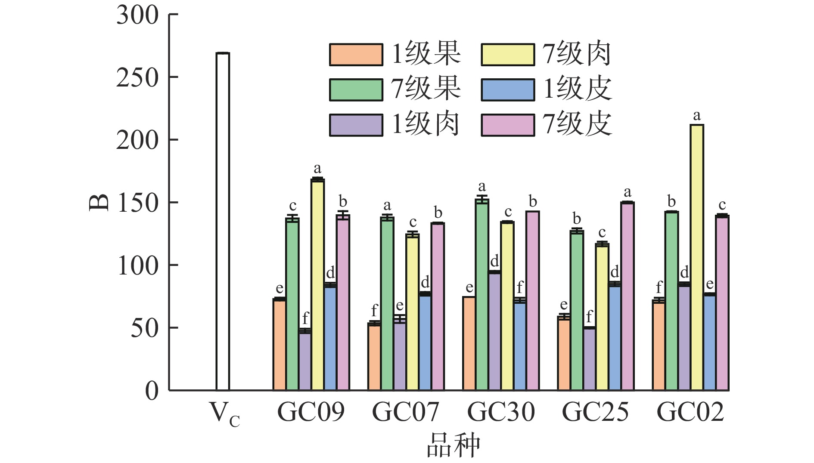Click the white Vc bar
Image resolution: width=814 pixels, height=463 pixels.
click(x=223, y=222)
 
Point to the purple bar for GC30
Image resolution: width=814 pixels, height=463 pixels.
click(x=495, y=331)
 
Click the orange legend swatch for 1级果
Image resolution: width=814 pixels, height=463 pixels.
click(x=356, y=55)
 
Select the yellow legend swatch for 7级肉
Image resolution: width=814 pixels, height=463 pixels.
click(x=508, y=55)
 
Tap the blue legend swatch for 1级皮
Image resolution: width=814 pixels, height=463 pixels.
click(x=508, y=90)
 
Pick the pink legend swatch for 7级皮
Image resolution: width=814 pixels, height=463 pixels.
click(x=508, y=125)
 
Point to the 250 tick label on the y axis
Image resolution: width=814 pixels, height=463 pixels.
click(x=137, y=78)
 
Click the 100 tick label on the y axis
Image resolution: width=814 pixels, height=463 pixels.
click(x=138, y=266)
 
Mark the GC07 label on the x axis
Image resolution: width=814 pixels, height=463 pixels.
click(x=406, y=412)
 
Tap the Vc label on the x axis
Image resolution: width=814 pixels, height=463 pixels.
click(x=224, y=414)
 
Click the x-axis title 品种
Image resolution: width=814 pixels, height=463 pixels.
click(x=453, y=446)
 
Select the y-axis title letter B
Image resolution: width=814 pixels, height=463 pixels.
click(x=99, y=203)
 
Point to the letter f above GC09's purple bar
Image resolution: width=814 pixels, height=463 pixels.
click(x=305, y=319)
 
